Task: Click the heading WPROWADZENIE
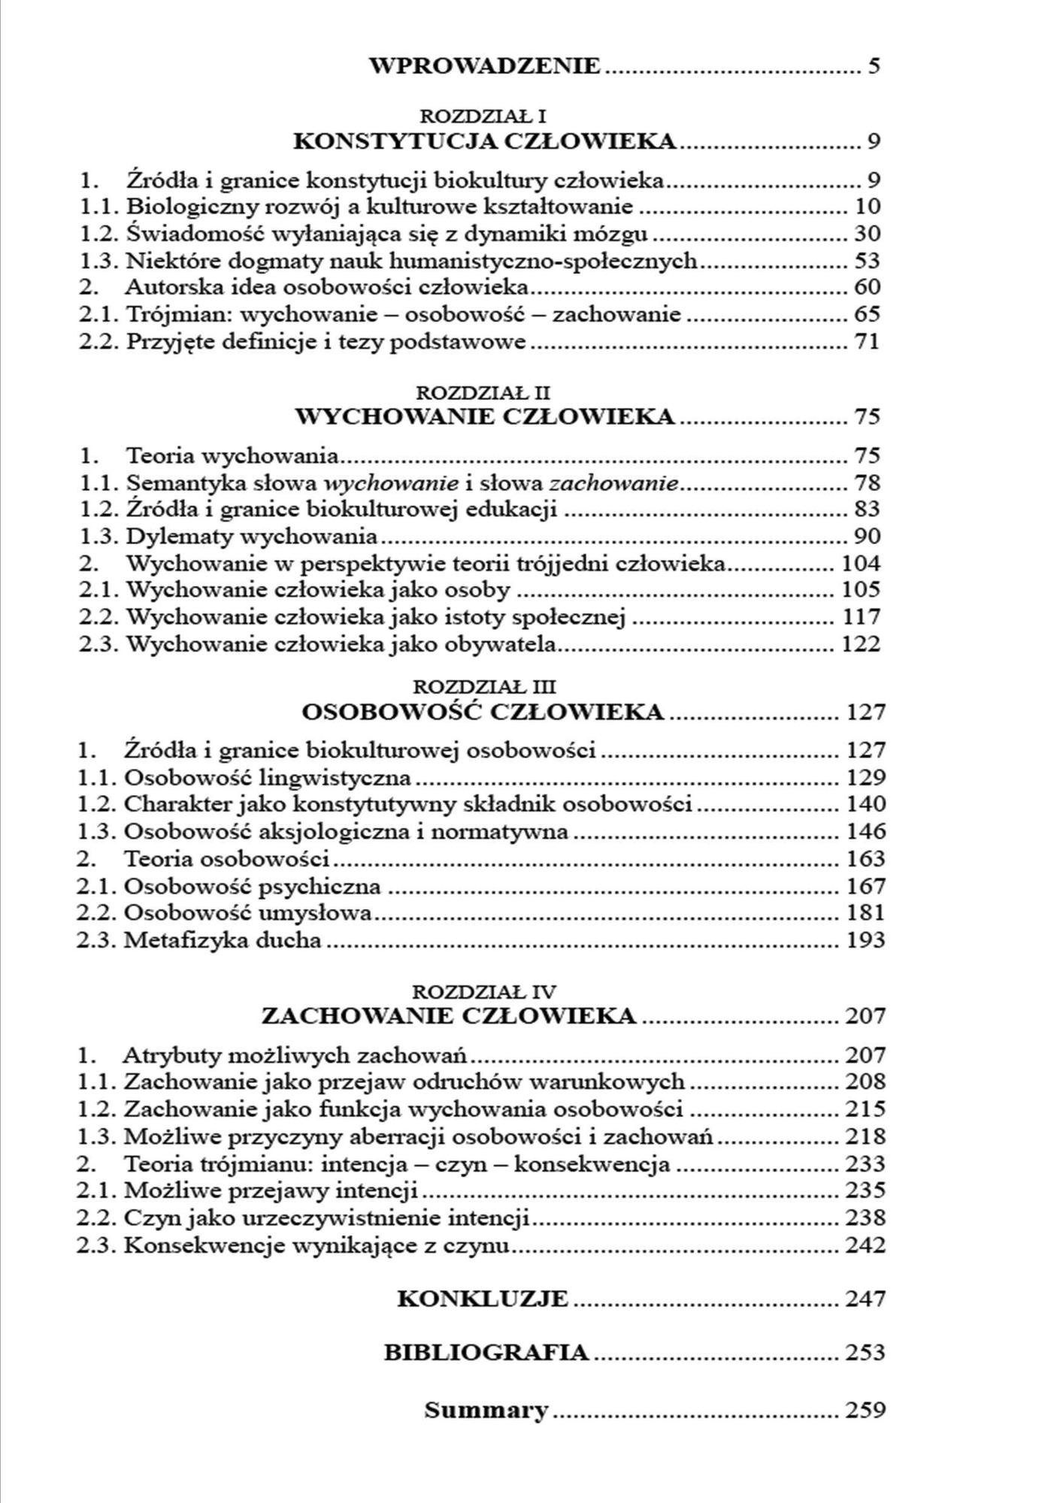pyautogui.click(x=485, y=66)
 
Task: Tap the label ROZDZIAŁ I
pyautogui.click(x=483, y=116)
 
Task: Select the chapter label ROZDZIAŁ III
pyautogui.click(x=485, y=686)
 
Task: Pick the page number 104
pyautogui.click(x=861, y=564)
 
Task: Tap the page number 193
pyautogui.click(x=865, y=940)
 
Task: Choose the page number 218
pyautogui.click(x=865, y=1137)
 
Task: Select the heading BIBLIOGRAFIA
pyautogui.click(x=486, y=1353)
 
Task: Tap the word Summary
pyautogui.click(x=486, y=1410)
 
